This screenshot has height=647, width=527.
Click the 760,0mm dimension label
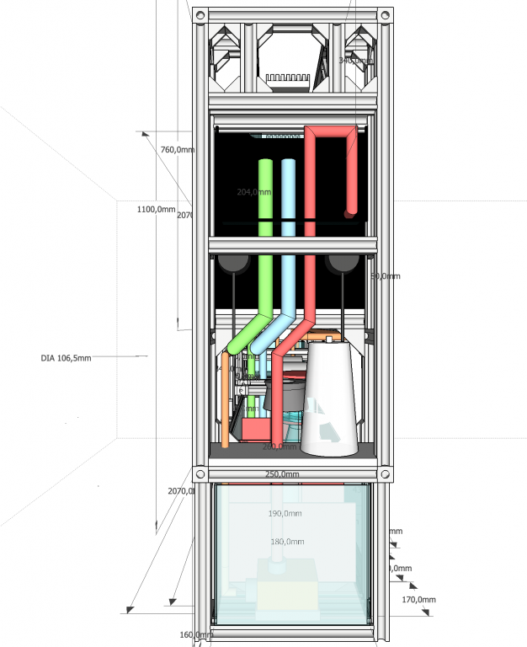coord(178,150)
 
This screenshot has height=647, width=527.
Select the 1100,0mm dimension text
coord(156,209)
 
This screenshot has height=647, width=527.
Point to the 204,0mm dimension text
coord(254,192)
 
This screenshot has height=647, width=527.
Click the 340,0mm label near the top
coord(354,61)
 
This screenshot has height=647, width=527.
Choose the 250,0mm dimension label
coord(282,474)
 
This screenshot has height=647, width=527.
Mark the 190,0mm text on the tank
coord(285,513)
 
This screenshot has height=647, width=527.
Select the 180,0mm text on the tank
coord(285,542)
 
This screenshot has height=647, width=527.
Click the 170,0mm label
coord(418,600)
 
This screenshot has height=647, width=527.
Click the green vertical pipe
coord(266,236)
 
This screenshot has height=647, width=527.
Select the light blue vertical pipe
coord(288,236)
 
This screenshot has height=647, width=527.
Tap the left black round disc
coord(233,264)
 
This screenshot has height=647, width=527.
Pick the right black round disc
coord(341,264)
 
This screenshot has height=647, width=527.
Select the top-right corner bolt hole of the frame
coord(384,16)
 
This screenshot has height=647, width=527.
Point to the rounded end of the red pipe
coord(350,211)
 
